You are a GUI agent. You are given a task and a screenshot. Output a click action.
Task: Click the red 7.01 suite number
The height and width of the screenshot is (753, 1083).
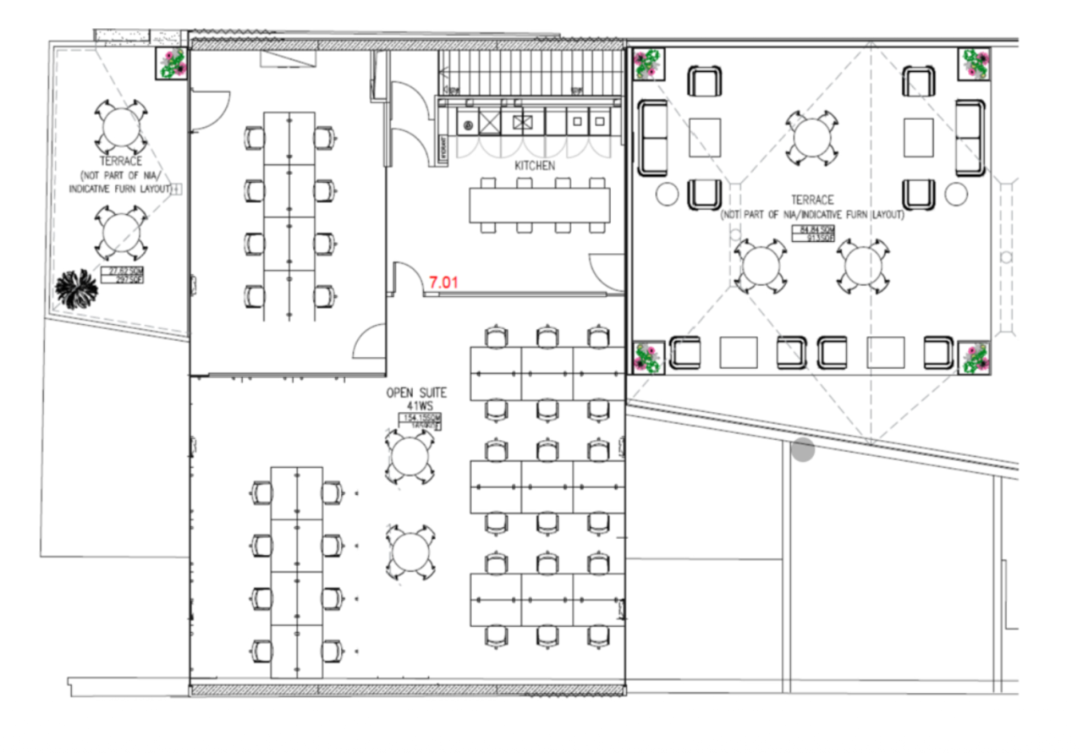click(x=443, y=283)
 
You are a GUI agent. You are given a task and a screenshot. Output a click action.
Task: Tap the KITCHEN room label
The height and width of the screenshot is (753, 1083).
click(x=535, y=166)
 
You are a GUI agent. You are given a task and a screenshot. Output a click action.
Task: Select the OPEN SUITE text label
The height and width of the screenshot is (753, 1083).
click(x=416, y=393)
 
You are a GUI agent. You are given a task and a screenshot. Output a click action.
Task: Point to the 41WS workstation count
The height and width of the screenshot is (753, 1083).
click(x=416, y=407)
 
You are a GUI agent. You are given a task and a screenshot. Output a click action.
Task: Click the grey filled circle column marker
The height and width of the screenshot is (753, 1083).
click(x=803, y=450)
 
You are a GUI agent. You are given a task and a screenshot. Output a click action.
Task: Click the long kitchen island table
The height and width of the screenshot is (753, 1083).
click(x=540, y=205)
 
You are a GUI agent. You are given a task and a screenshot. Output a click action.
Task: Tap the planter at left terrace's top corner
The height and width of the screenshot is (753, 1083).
click(x=172, y=64)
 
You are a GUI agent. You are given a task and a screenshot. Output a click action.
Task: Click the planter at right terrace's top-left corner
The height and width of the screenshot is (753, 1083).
click(x=648, y=64)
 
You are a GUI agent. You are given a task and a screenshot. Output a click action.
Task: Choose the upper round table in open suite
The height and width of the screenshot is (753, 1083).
click(x=410, y=458)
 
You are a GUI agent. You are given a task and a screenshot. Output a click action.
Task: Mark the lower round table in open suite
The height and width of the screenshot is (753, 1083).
click(x=410, y=552)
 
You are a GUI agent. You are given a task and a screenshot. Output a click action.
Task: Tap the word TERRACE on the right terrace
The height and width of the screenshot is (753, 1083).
click(x=812, y=201)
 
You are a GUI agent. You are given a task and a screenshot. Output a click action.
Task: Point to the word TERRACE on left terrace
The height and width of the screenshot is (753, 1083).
click(x=120, y=161)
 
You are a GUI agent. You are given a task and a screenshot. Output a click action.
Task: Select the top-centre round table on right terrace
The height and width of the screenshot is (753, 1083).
click(x=811, y=136)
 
